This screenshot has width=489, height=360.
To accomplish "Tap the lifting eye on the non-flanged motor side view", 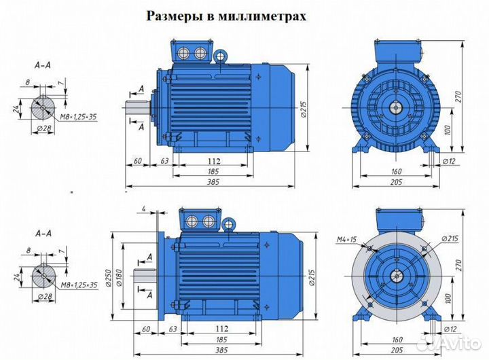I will point(222,55).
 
